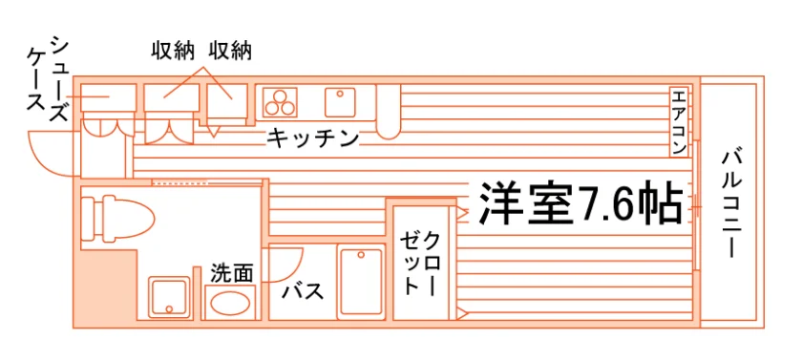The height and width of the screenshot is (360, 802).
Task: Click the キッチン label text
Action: click(x=312, y=138)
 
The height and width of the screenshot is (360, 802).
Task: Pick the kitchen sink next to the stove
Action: click(x=340, y=102)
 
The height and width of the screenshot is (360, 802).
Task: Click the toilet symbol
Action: click(x=117, y=218)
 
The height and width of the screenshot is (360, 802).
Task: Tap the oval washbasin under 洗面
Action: click(x=230, y=304)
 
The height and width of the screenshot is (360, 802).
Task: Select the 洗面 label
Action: click(x=232, y=273)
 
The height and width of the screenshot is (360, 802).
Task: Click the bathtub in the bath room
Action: click(x=361, y=282)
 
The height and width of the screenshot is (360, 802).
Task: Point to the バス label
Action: click(x=304, y=291)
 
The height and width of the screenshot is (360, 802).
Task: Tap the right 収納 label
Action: click(x=230, y=52)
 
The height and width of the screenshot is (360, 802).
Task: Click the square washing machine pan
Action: click(x=169, y=297)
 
